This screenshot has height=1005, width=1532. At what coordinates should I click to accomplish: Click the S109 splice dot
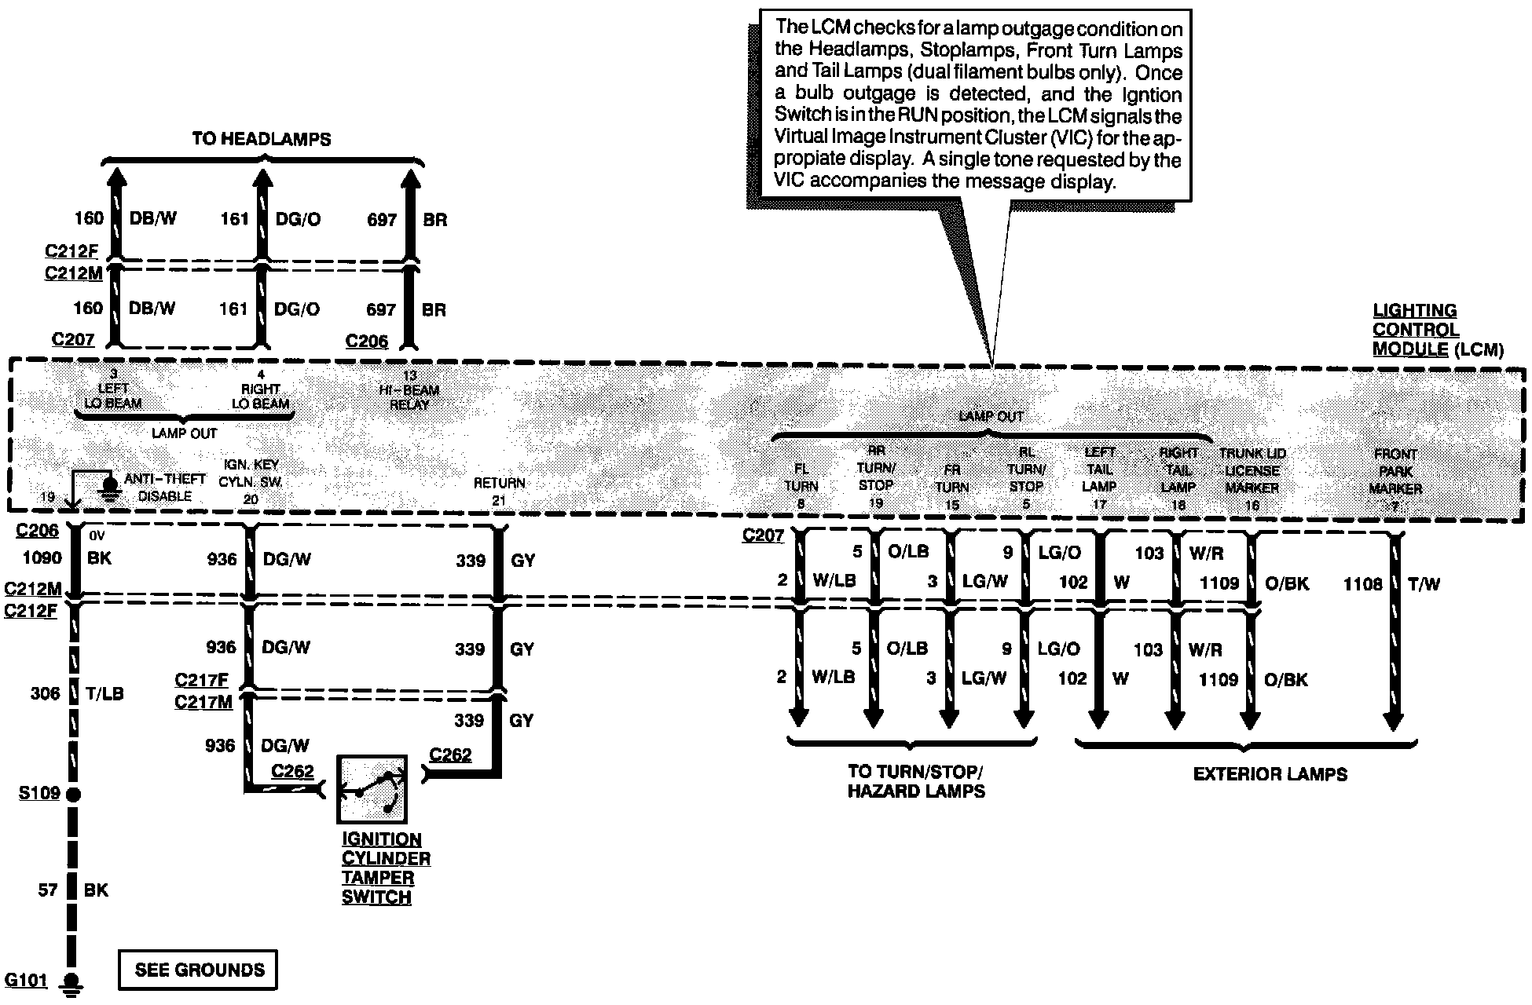[73, 795]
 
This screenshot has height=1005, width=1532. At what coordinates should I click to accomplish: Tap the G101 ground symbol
[73, 982]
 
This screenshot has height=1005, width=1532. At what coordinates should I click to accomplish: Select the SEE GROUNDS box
[199, 970]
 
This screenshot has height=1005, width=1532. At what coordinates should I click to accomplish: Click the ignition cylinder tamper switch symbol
[372, 789]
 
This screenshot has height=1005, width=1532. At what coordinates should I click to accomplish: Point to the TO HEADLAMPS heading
[262, 140]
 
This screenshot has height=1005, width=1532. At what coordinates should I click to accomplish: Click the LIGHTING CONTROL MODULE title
[1415, 331]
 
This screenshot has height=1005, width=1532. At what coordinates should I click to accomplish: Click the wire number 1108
[1362, 584]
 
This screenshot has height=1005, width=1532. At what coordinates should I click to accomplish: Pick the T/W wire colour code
[1424, 584]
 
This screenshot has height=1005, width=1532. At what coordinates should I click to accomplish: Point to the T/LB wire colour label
[104, 694]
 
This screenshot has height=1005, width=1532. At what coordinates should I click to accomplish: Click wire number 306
[46, 694]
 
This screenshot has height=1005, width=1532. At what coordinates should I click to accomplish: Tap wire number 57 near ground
[48, 890]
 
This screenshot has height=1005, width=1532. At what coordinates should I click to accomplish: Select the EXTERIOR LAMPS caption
[1270, 775]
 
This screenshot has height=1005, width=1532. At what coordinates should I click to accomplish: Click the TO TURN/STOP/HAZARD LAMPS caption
[916, 781]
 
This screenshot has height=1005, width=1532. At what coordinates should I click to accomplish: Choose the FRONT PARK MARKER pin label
[1395, 472]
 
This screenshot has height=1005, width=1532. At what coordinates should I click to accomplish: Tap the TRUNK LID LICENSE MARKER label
[1252, 471]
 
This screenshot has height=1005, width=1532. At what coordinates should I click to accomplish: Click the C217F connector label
[201, 680]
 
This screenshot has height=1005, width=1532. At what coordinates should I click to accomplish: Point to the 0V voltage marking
[97, 536]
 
